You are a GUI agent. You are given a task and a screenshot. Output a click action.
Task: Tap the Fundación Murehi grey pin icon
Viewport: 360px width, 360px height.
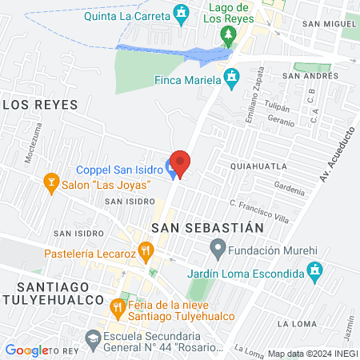[x=216, y=249]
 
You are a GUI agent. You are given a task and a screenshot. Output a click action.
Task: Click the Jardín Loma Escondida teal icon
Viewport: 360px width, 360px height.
[x=316, y=273]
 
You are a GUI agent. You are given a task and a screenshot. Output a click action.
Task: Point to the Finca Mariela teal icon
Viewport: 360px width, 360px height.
[x=232, y=79]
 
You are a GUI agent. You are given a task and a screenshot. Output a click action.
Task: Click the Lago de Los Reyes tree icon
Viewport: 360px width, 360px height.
[x=230, y=34]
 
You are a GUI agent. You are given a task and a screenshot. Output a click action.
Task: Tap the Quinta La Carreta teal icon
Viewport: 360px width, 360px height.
[x=182, y=14]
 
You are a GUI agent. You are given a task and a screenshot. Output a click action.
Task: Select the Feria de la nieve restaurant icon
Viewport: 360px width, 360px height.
[x=117, y=306]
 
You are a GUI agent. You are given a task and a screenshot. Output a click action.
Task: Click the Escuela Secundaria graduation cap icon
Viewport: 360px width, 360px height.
[x=93, y=342]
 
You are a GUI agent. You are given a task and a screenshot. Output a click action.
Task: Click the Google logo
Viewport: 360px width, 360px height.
[x=26, y=350]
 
